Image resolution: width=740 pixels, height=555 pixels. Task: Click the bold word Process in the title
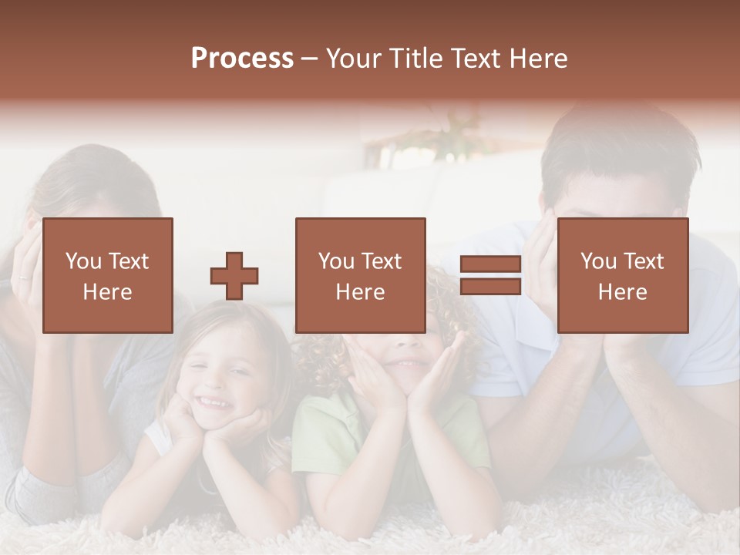tap(242, 59)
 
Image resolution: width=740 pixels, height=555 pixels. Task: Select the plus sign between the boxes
tap(234, 276)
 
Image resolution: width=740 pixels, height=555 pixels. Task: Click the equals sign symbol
tap(490, 276)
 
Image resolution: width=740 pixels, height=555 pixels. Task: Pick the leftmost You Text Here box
tap(107, 276)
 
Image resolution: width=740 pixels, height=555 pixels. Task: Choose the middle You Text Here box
tap(360, 276)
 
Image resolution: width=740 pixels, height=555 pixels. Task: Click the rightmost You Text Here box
tap(622, 276)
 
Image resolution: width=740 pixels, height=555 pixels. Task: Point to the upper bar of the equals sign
tap(490, 265)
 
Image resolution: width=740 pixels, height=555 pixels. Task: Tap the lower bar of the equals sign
tap(490, 287)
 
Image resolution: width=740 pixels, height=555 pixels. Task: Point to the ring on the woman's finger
tap(24, 277)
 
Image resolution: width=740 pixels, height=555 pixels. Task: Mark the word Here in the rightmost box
tap(622, 292)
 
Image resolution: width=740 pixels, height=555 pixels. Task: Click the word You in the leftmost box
tap(82, 261)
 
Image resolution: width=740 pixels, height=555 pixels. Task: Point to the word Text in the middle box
tap(381, 261)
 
